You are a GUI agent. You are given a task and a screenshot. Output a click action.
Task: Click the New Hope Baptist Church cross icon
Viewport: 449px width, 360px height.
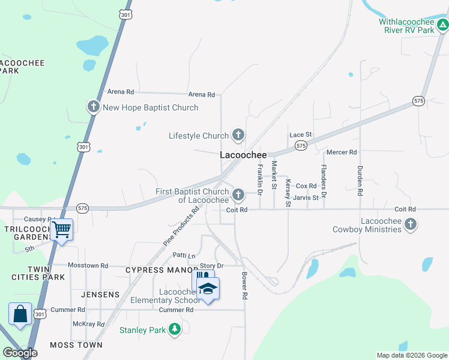coord(93,107)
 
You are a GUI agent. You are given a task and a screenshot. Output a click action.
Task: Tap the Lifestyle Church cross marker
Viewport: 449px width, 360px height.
coord(238,135)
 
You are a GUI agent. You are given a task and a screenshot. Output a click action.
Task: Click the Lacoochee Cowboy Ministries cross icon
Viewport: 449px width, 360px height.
coord(411,225)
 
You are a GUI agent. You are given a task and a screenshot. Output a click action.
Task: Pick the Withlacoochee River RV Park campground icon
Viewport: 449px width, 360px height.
coord(442,25)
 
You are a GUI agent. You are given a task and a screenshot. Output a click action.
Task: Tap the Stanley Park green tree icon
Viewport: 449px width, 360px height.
coord(175,329)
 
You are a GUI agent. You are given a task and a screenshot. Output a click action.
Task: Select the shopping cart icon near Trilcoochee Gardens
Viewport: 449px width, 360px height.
coord(61,229)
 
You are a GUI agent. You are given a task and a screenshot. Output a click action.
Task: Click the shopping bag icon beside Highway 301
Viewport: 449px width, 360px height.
coord(20,313)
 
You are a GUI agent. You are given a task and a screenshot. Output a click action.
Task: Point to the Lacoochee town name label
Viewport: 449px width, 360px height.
coord(243,155)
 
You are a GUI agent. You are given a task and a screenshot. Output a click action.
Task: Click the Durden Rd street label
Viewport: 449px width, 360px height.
coord(360,181)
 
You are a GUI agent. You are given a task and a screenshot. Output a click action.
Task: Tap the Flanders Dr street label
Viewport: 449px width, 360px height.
coord(323,181)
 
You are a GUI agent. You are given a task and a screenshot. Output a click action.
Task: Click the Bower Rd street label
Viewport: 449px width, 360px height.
coord(244,286)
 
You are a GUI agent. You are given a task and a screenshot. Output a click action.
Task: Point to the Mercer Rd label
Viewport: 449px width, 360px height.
coord(342,152)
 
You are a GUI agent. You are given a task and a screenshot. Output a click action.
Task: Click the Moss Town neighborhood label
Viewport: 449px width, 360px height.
coord(76,345)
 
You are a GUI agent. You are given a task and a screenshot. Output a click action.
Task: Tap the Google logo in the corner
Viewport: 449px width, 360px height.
coord(20,353)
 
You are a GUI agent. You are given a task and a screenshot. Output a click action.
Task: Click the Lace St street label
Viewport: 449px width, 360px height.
coord(301,134)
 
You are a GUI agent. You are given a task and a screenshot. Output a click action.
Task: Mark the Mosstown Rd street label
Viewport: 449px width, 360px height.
coord(88,265)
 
